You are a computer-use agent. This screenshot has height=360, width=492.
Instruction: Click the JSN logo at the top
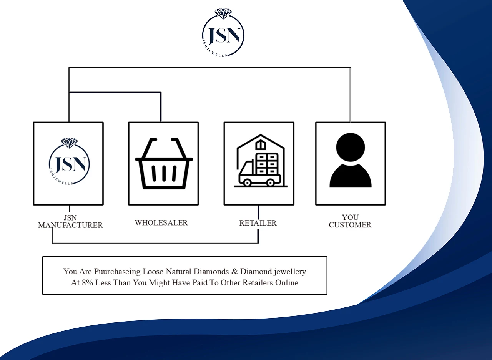pyautogui.click(x=223, y=35)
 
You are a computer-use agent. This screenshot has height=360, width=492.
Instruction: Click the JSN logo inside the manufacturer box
pyautogui.click(x=70, y=163)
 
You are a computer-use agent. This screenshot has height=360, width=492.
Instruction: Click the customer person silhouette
pyautogui.click(x=350, y=161)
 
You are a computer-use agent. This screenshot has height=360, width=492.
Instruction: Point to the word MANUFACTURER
pyautogui.click(x=70, y=225)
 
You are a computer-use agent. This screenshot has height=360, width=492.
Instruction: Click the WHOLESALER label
pyautogui.click(x=161, y=222)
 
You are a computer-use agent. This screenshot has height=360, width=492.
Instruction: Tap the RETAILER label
pyautogui.click(x=258, y=223)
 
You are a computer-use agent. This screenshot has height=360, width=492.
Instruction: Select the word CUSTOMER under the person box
pyautogui.click(x=350, y=225)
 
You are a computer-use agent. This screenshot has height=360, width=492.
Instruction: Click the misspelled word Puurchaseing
pyautogui.click(x=117, y=272)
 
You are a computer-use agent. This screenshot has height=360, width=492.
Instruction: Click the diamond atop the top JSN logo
pyautogui.click(x=223, y=14)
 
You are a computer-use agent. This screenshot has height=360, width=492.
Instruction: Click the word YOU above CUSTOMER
pyautogui.click(x=350, y=217)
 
